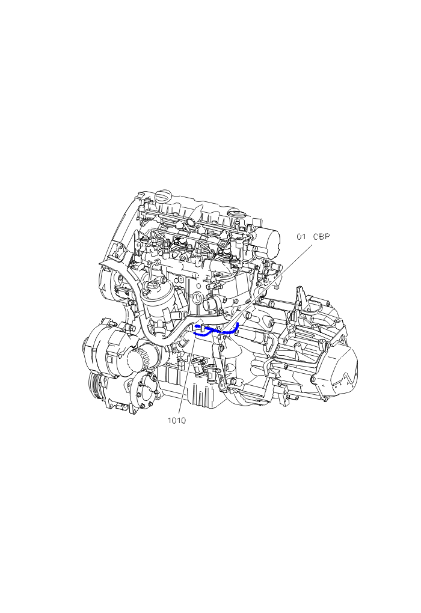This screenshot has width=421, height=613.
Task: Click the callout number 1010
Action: coord(177,421)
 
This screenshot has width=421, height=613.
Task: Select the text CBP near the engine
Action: coord(321,237)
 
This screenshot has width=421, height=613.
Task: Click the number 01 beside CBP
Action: coord(301,237)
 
